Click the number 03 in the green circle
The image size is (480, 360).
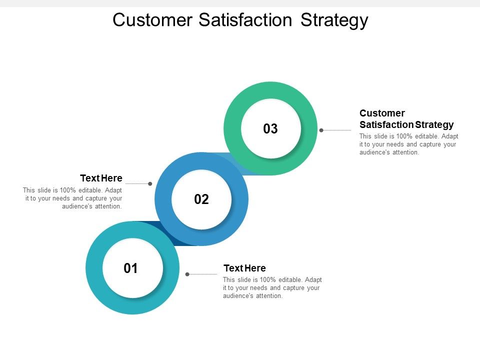(x=270, y=129)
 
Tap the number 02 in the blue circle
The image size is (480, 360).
(x=201, y=199)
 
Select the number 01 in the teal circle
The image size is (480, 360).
(x=130, y=268)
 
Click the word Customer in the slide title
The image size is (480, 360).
(x=152, y=20)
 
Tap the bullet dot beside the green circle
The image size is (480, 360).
(x=321, y=130)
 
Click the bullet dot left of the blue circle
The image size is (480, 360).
(x=150, y=183)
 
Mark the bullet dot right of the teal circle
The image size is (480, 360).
(x=187, y=274)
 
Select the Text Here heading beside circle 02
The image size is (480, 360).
(x=101, y=178)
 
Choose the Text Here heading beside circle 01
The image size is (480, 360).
(x=244, y=268)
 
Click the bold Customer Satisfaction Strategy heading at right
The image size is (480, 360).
(x=406, y=119)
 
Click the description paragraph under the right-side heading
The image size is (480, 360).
(x=408, y=144)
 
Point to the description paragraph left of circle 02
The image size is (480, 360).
(x=72, y=198)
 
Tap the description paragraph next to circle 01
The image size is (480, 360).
(x=272, y=287)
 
